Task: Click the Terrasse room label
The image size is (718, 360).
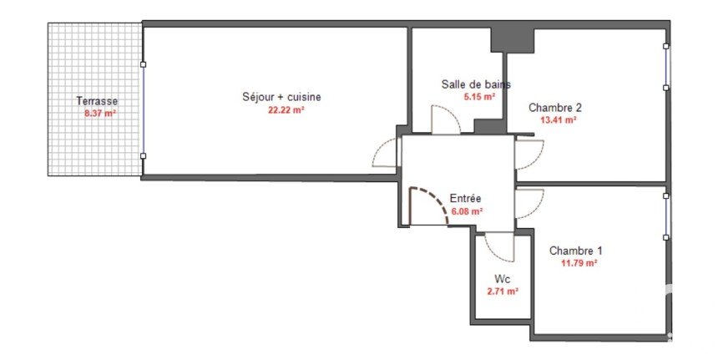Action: point(97,101)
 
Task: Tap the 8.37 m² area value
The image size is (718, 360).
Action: point(100,113)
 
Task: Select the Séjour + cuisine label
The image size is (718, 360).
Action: point(281,97)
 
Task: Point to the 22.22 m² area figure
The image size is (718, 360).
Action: point(286,110)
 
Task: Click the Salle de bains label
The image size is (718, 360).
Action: point(476,84)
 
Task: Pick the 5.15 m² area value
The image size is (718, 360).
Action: point(479,97)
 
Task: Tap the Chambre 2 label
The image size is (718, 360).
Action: point(555,108)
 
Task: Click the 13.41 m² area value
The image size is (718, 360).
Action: point(559,120)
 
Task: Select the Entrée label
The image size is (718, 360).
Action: point(465,198)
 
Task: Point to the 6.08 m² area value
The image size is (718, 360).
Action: point(468,211)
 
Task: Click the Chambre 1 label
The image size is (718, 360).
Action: point(575,251)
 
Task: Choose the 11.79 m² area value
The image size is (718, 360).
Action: point(579,263)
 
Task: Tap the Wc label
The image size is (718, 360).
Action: point(503,279)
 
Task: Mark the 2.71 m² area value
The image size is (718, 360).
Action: point(503,292)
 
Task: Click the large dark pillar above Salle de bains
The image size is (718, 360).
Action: point(513,40)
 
